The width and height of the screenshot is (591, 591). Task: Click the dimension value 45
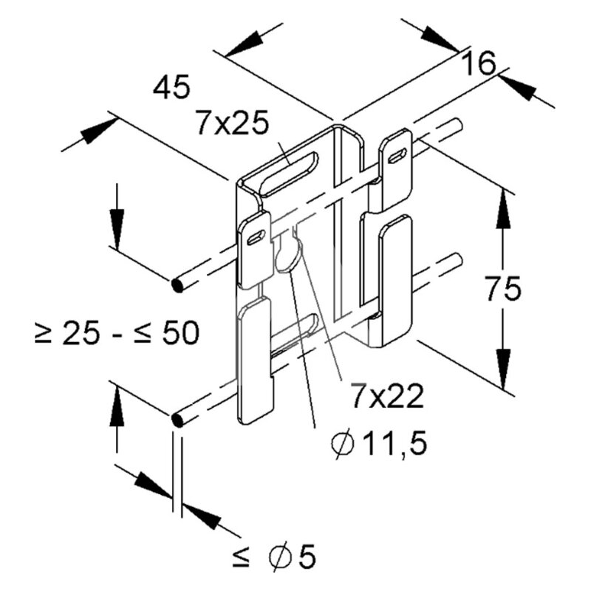171,87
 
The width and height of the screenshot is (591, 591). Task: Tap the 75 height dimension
503,289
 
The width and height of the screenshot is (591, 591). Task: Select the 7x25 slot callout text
233,123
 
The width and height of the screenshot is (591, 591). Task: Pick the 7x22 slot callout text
387,396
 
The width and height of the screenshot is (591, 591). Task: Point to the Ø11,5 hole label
379,443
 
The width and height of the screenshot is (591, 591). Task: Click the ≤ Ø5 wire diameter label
274,556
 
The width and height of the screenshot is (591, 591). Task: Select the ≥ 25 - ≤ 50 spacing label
117,333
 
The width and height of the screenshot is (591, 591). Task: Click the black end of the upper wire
177,285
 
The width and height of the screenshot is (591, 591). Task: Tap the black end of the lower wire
177,420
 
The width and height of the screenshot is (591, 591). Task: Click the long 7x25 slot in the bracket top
290,174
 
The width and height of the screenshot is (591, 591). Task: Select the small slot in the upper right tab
397,155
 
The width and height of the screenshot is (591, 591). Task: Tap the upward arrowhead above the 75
502,210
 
